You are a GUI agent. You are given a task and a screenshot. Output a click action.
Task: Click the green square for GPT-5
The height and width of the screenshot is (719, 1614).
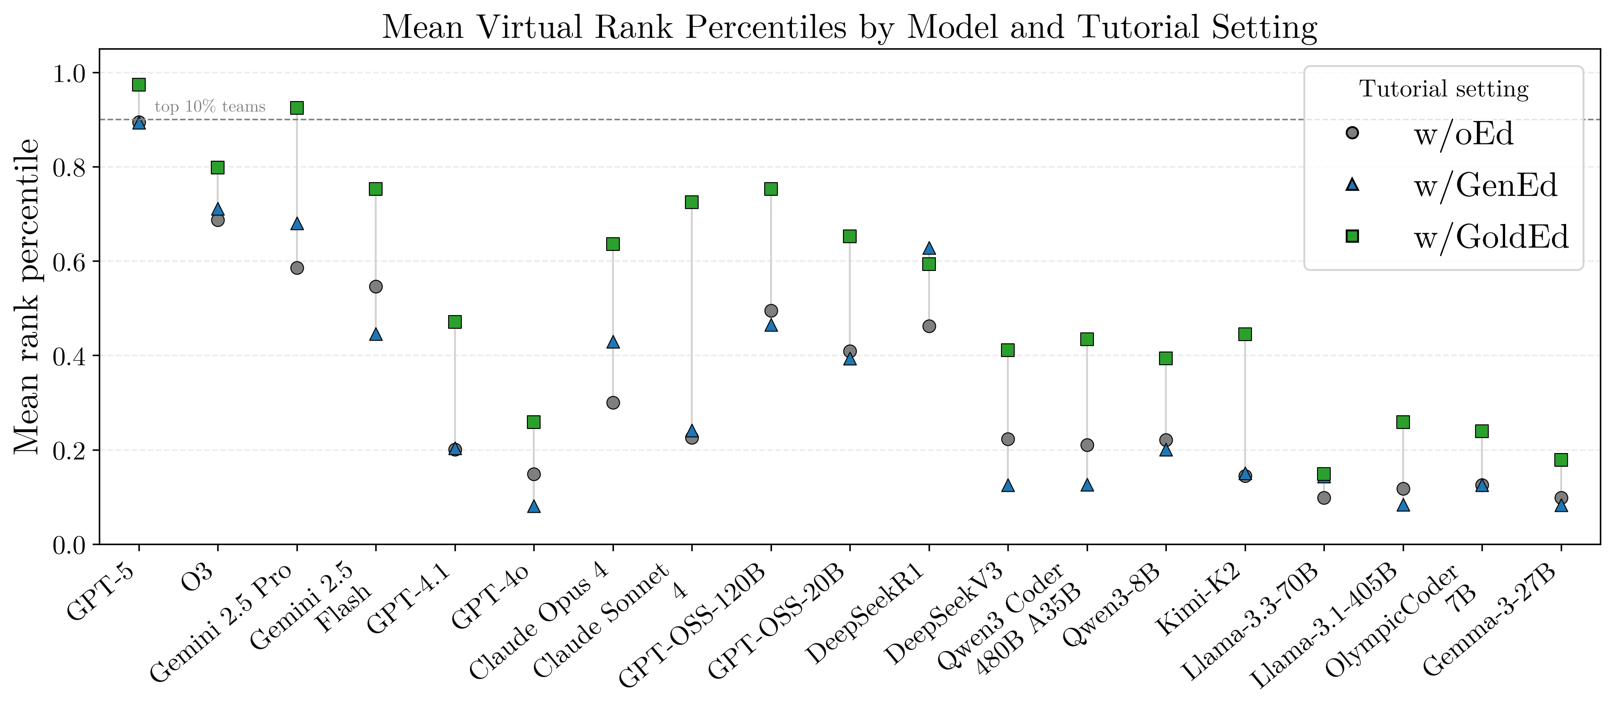tap(139, 85)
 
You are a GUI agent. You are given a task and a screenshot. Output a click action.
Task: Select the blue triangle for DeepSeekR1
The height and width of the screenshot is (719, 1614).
tap(929, 249)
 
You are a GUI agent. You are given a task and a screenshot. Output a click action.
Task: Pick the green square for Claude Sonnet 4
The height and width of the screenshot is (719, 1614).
tap(692, 202)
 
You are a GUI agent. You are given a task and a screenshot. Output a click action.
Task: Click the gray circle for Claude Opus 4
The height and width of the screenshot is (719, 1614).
tap(613, 403)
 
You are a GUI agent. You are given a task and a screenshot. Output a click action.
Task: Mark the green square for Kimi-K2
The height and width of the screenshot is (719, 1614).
tap(1245, 334)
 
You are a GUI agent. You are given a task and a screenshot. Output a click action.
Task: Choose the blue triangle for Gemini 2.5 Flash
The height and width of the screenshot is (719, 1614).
tap(376, 334)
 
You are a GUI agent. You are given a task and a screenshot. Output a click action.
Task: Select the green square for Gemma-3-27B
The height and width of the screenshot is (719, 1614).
tap(1561, 460)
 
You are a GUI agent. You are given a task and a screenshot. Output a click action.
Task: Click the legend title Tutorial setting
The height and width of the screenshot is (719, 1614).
tap(1444, 89)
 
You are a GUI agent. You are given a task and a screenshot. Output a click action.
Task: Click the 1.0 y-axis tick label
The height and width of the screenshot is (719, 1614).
tap(69, 74)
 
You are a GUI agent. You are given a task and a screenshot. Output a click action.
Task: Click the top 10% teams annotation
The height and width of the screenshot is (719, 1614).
tap(210, 107)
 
